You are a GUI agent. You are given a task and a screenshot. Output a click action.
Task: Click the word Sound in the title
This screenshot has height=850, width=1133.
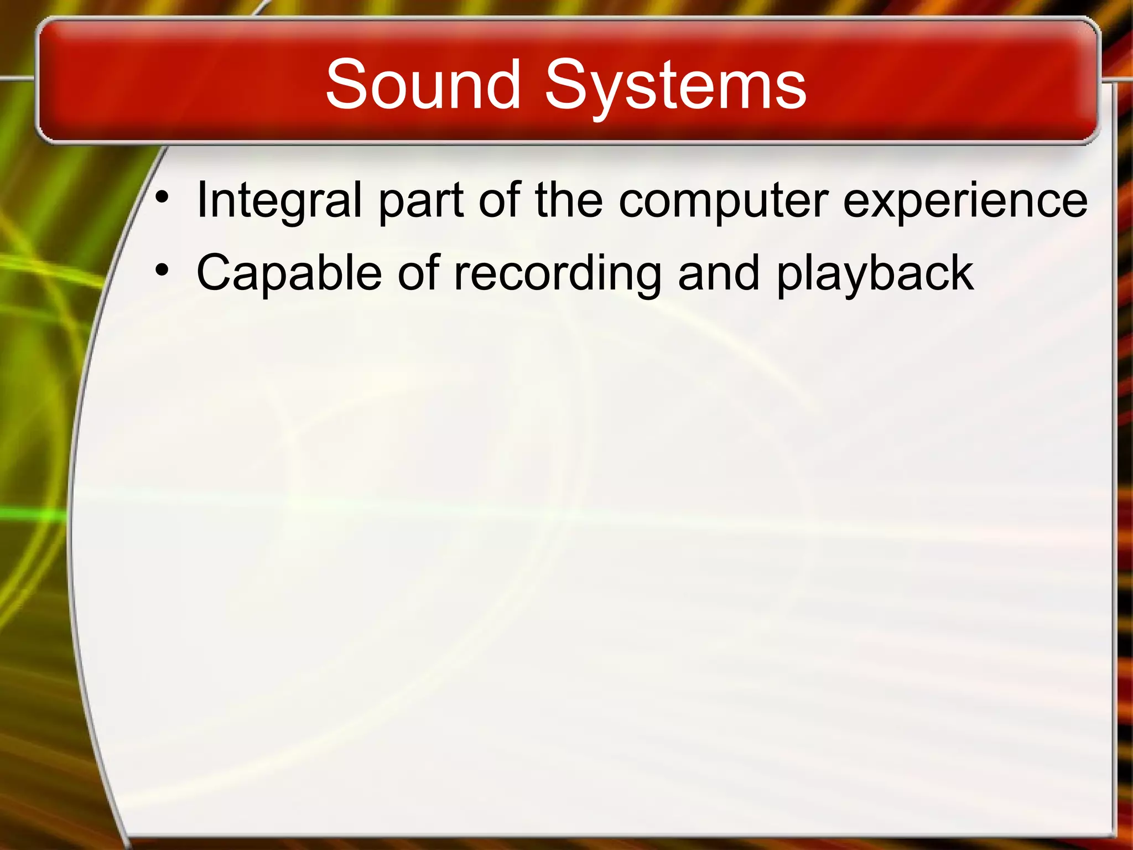tap(423, 84)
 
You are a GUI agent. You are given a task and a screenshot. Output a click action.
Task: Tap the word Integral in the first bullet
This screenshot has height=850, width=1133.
tap(279, 200)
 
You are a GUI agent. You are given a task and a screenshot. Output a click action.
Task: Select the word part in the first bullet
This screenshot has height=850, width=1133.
tap(420, 200)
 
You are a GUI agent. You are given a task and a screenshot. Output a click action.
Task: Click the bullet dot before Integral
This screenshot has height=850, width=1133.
tap(162, 198)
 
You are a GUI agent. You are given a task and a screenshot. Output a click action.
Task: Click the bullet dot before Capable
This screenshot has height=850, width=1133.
tap(162, 270)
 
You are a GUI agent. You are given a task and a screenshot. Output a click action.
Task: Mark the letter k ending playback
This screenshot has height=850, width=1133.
tap(962, 272)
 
